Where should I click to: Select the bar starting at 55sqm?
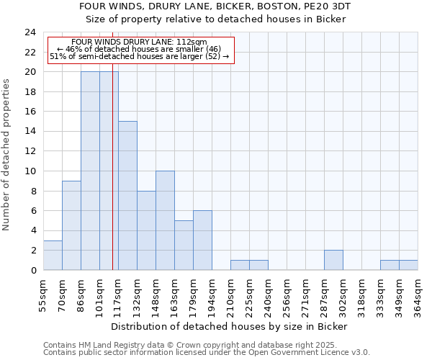coord(53,256)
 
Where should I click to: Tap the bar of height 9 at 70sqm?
coord(71,225)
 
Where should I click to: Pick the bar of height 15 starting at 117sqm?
coord(127,196)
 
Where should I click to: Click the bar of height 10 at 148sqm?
coord(165,220)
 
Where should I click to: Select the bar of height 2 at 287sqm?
coord(333,260)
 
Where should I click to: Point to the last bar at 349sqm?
coord(408,265)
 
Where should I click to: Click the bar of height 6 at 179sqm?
coord(202,240)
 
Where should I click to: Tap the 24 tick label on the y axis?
coord(30,32)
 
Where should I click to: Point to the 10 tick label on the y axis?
coord(30,171)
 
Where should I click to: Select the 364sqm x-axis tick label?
coord(418,296)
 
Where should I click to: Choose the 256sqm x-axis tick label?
coord(287,296)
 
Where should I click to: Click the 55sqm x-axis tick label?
coord(44,296)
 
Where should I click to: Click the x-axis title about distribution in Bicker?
coord(230,326)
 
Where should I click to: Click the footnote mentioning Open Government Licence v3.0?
coord(207,353)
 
